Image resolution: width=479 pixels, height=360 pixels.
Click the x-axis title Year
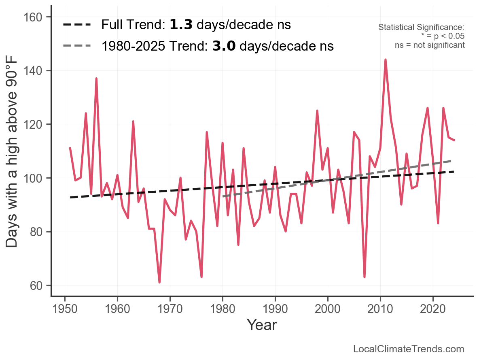tap(262, 325)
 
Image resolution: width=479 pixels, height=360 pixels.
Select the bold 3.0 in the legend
tap(224, 46)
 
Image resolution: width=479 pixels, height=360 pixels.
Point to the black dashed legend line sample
tap(77, 25)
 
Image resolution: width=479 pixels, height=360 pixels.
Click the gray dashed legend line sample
tap(77, 46)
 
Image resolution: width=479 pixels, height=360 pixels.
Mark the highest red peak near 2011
tap(386, 60)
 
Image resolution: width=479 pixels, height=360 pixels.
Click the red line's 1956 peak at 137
tap(96, 79)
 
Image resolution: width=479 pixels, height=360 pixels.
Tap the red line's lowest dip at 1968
tap(159, 282)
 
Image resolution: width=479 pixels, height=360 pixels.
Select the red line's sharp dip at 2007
tap(365, 277)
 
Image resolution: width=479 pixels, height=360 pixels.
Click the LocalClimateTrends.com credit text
tap(409, 349)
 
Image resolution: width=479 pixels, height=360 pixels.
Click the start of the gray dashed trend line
tap(223, 197)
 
